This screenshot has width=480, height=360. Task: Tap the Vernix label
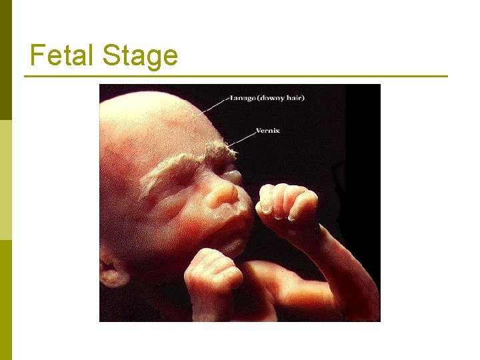pos(268,131)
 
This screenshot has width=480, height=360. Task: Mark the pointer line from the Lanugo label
pos(213,105)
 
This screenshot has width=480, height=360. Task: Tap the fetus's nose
pos(223,195)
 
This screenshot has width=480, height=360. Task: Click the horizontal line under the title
pos(236,76)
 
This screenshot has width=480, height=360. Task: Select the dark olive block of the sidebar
pos(6,60)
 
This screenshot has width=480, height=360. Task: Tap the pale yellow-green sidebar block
pos(6,180)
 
